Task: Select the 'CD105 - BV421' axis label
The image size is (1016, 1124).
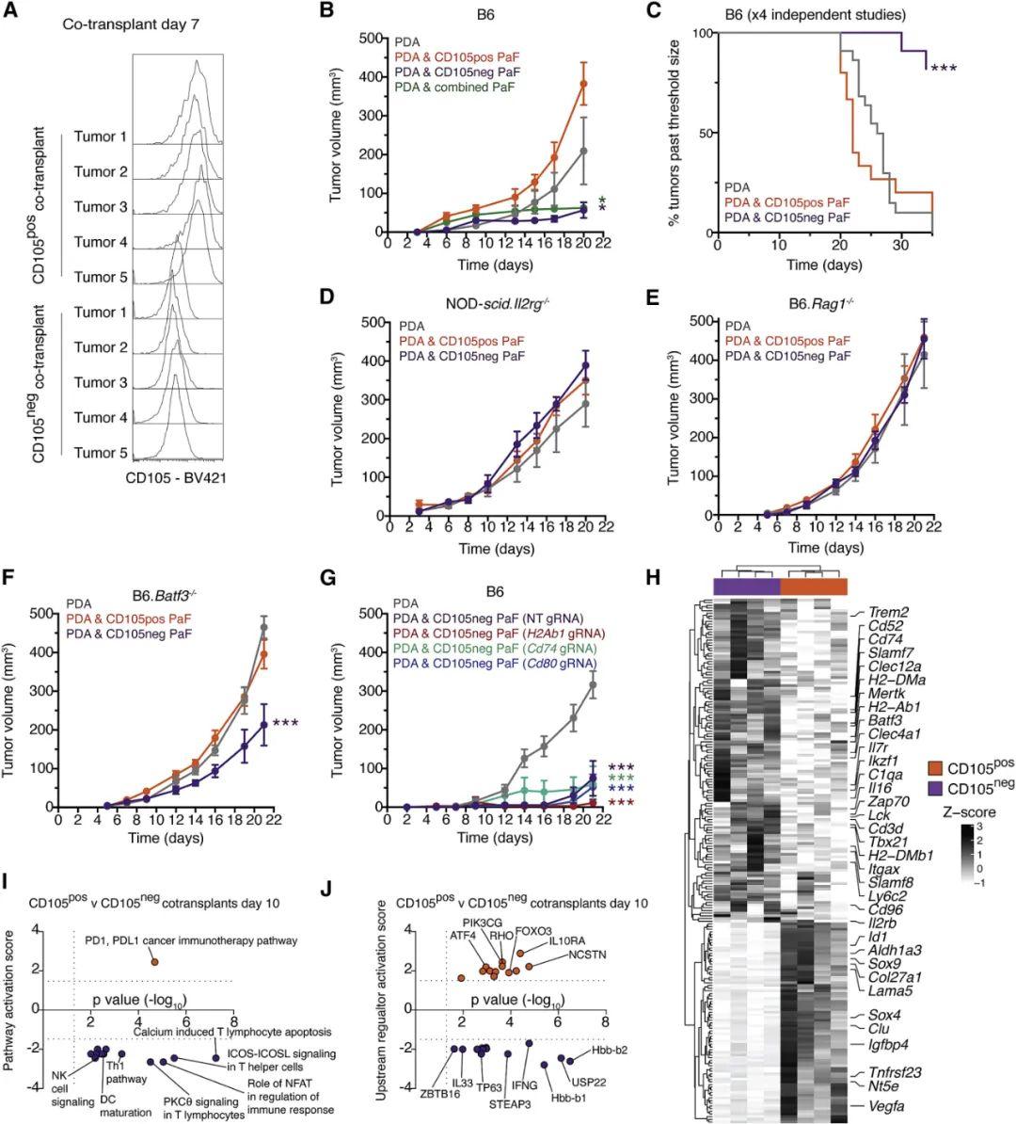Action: point(175,478)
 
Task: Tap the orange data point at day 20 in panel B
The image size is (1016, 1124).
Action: point(583,85)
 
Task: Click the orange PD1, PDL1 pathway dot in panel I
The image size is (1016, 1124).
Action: point(154,961)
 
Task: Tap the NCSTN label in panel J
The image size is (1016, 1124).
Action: point(587,953)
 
